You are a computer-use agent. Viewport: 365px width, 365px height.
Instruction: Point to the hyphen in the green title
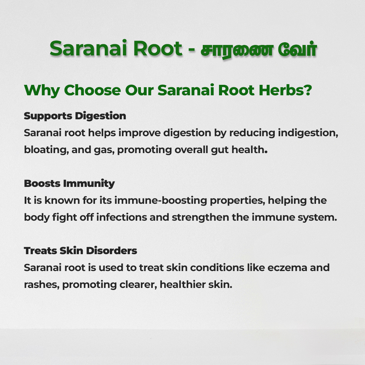[192, 50]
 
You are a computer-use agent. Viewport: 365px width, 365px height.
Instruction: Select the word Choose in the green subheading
[92, 90]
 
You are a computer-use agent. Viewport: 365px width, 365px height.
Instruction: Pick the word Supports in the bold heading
[48, 116]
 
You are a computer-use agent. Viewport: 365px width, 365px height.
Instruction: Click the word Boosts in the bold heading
[42, 184]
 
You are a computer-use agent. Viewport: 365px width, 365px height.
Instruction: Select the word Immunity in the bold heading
[89, 184]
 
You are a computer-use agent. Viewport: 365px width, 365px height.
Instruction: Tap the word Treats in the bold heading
[41, 251]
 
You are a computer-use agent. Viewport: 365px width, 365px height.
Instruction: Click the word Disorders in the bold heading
[112, 251]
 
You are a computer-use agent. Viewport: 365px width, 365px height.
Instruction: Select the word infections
[122, 217]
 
